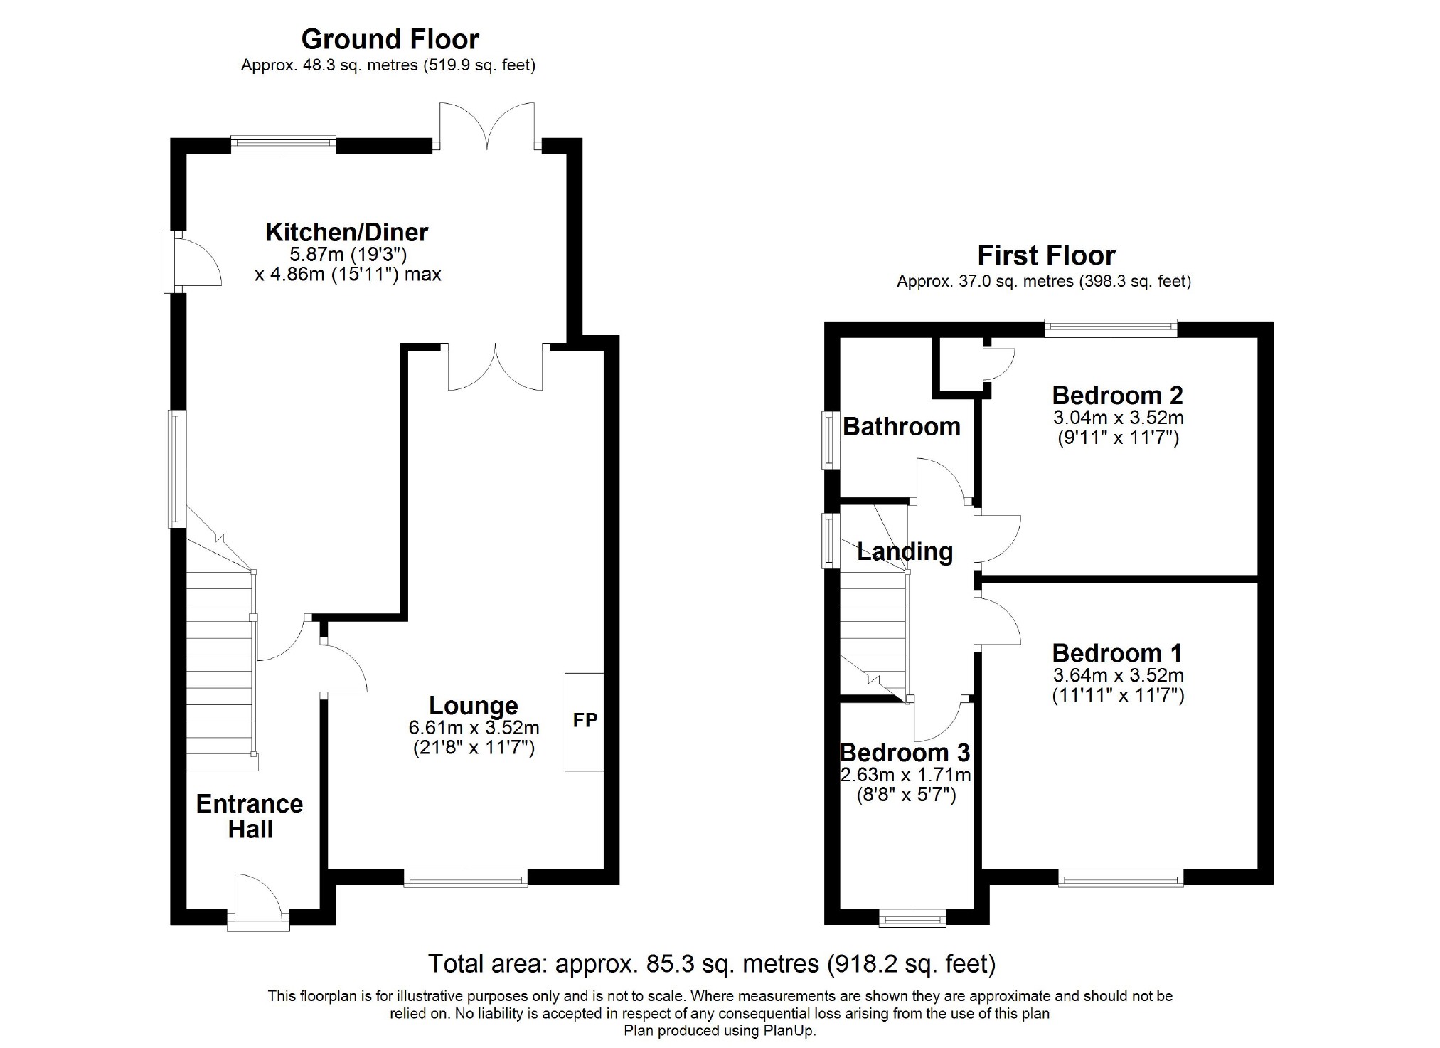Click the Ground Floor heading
[390, 39]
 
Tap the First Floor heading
[1046, 255]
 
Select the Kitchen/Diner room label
[347, 232]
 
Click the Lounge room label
[474, 705]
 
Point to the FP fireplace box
[585, 721]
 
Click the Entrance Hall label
[250, 816]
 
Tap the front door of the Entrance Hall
[258, 904]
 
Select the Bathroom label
[902, 426]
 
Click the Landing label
[905, 551]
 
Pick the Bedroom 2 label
[1118, 394]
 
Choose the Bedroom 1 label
[1117, 652]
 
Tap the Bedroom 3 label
[905, 752]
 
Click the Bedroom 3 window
[913, 919]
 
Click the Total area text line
[712, 963]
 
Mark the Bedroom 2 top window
[1111, 328]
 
